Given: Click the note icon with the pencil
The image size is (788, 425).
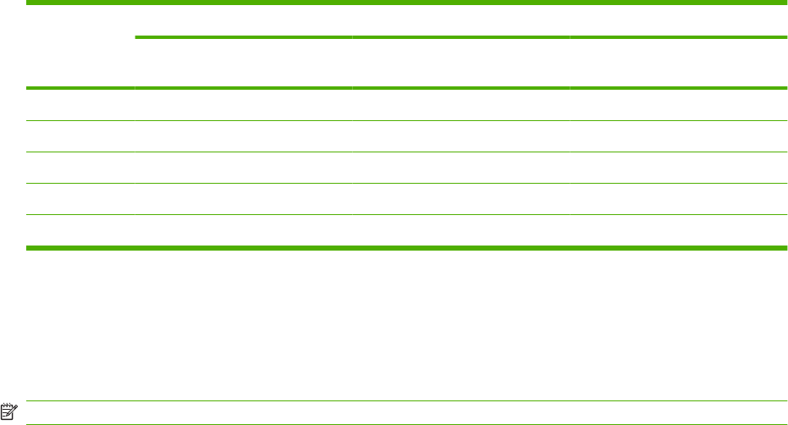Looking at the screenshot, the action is point(9,412).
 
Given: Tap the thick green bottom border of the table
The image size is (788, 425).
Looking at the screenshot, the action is point(406,247).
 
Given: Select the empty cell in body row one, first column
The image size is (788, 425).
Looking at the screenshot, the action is point(80,105).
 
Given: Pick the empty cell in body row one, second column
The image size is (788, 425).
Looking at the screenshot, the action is point(243,105).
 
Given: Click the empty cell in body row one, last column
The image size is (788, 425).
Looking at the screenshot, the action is point(678,105).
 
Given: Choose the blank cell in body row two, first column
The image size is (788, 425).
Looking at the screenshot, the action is point(80,136).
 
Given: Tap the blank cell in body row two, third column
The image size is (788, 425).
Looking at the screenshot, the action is point(461,136).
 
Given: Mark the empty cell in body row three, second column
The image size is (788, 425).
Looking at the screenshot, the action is point(243,168).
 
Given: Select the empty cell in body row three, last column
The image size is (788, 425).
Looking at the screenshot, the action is point(678,168).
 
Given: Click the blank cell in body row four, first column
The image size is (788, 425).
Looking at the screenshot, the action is point(80,199).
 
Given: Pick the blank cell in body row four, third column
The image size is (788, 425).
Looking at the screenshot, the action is point(461,199).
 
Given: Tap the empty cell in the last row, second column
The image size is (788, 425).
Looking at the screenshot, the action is point(243,230).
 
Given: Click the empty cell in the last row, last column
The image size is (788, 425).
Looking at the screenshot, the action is point(678,230).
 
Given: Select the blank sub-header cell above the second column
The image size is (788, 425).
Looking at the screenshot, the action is point(243,63).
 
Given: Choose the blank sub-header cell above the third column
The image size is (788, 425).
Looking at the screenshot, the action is point(461,63).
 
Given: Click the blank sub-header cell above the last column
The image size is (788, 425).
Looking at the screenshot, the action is point(678,63).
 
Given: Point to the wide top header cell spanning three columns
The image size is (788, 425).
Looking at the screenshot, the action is point(461,20).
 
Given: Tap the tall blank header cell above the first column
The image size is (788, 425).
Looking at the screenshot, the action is point(80,46).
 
